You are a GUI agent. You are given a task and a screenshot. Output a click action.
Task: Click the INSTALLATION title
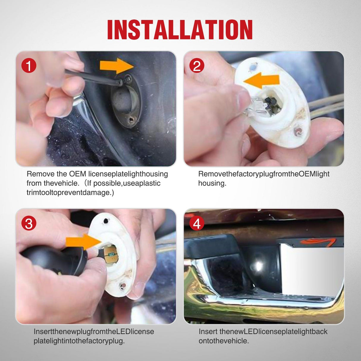click(x=180, y=29)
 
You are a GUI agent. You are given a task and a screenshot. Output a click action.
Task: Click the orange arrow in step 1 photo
click(x=117, y=66)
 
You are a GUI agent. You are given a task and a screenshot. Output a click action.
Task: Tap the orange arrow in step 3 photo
click(x=84, y=242)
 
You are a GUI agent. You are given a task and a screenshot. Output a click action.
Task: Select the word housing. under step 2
click(x=212, y=183)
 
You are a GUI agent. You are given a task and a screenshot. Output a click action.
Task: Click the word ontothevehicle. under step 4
click(x=224, y=341)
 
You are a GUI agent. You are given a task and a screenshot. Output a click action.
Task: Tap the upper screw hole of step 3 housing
click(x=106, y=221)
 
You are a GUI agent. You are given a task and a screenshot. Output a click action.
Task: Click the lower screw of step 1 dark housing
click(x=132, y=119)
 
